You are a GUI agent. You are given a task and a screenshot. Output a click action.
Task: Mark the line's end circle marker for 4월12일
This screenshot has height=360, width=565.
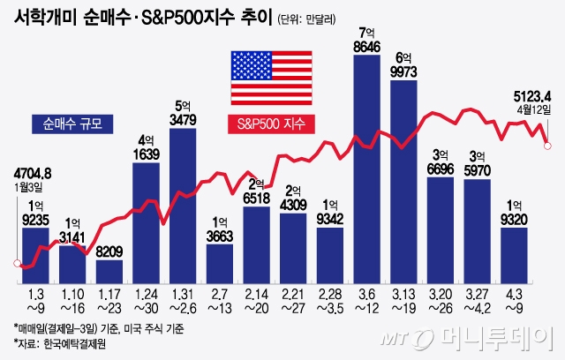point(547,146)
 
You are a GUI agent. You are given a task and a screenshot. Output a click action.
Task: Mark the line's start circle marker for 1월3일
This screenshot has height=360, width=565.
point(17,263)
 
